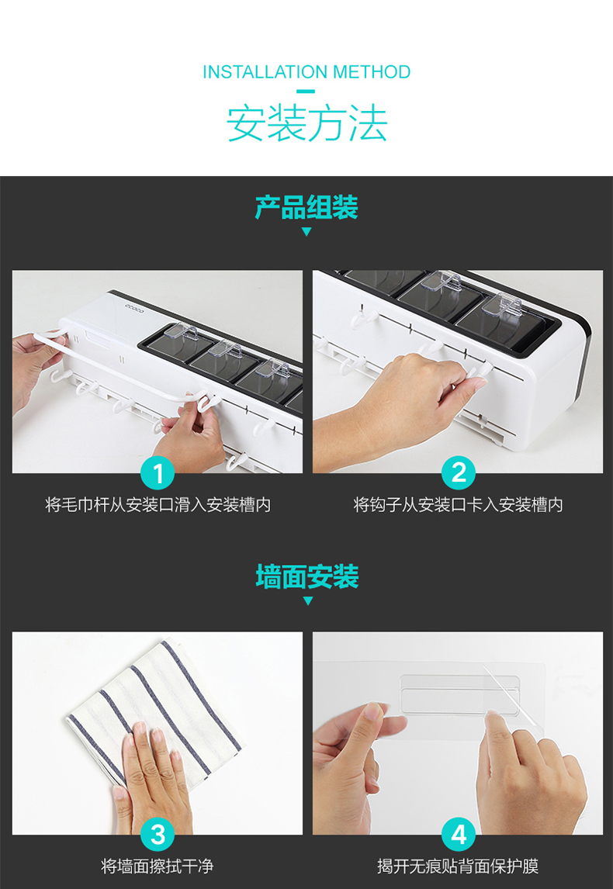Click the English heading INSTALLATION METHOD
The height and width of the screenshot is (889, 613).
pyautogui.click(x=306, y=72)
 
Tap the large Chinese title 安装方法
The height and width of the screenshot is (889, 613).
pyautogui.click(x=306, y=123)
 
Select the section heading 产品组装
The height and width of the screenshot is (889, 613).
pyautogui.click(x=306, y=207)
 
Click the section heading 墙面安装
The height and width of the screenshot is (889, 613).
pyautogui.click(x=306, y=576)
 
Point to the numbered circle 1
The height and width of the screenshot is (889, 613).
pyautogui.click(x=158, y=473)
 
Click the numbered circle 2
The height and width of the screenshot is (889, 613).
pyautogui.click(x=458, y=473)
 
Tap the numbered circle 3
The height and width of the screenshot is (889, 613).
pyautogui.click(x=158, y=835)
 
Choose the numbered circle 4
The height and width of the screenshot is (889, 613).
pyautogui.click(x=458, y=835)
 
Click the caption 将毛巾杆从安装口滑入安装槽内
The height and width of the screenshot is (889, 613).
pyautogui.click(x=158, y=504)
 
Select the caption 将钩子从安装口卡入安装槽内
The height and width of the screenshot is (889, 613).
pyautogui.click(x=458, y=504)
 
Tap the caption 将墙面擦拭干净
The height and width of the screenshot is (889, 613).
pyautogui.click(x=157, y=867)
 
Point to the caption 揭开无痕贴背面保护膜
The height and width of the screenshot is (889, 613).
pyautogui.click(x=458, y=867)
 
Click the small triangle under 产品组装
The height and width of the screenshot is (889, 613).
pyautogui.click(x=306, y=231)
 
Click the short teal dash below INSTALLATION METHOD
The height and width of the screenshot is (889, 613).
pyautogui.click(x=306, y=91)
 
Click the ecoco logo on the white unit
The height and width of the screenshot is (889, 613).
pyautogui.click(x=136, y=309)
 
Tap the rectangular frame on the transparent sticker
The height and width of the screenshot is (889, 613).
pyautogui.click(x=459, y=695)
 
